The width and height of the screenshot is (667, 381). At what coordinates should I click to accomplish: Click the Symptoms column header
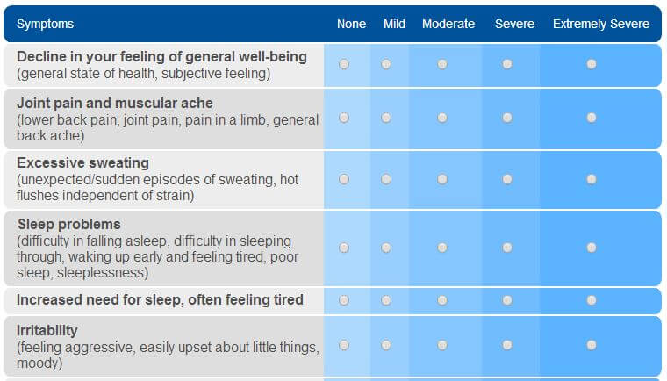tap(45, 24)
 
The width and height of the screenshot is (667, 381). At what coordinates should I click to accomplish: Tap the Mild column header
tap(394, 24)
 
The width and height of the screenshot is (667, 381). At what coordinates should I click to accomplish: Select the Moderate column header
tap(448, 24)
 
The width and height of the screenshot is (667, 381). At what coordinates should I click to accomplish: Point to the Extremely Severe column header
tap(600, 24)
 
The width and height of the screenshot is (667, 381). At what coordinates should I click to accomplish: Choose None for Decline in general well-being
tap(344, 64)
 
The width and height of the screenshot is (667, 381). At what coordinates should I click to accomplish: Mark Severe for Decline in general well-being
tap(507, 64)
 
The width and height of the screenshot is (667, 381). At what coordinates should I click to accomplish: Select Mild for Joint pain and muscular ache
tap(386, 118)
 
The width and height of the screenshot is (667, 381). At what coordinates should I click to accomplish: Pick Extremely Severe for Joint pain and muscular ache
tap(592, 118)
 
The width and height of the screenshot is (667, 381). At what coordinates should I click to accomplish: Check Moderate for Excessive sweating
tap(442, 179)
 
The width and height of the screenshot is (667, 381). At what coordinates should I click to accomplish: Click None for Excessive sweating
tap(344, 179)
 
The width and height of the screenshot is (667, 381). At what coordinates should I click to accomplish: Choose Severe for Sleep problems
tap(507, 248)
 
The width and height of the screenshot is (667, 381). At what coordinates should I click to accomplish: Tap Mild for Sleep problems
tap(386, 248)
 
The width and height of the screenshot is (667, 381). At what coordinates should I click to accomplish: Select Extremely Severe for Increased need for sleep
tap(592, 300)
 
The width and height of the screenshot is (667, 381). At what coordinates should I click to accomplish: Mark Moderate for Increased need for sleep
tap(442, 300)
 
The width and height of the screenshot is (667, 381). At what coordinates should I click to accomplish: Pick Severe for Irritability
tap(507, 345)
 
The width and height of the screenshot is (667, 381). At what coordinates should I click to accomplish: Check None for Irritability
tap(344, 345)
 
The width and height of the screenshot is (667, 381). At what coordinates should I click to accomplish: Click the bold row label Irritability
tap(47, 331)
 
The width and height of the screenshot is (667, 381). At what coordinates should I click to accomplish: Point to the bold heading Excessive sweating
tap(82, 163)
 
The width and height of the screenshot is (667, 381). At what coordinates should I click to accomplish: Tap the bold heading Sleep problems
tap(68, 224)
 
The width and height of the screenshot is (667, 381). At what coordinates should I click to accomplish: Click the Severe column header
tap(514, 24)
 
